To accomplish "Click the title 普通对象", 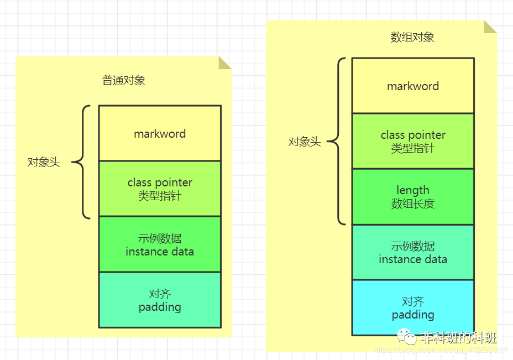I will click(124, 80).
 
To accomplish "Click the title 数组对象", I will click(412, 38).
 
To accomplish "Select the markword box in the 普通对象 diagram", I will click(160, 133).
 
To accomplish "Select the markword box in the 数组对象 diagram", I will click(413, 86).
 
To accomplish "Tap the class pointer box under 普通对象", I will click(160, 189).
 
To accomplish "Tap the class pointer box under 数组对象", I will click(413, 141).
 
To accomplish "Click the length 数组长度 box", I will click(413, 197).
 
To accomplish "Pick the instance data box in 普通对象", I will click(160, 244).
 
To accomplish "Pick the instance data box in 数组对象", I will click(413, 252).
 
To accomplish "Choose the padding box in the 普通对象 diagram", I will click(160, 300).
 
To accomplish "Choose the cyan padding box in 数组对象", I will click(413, 307).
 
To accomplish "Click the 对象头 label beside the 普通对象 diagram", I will click(44, 163).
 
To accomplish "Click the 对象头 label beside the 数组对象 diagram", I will click(305, 142).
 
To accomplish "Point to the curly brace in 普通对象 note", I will click(82, 162).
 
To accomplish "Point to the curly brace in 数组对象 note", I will click(337, 142).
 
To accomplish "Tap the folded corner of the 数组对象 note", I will click(489, 27).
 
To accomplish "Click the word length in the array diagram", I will click(413, 191).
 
